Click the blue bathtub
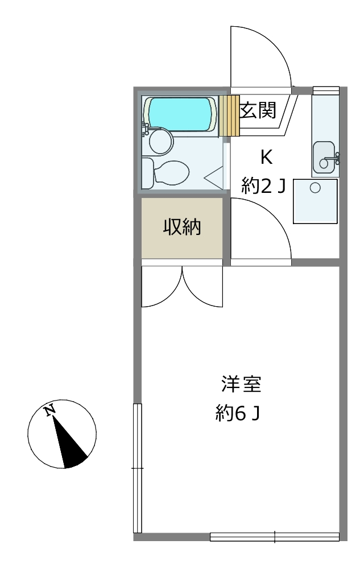180,114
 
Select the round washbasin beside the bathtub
161,141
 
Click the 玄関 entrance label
258,110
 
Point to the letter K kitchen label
267,158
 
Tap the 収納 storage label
182,227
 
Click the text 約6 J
238,413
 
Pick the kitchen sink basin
324,157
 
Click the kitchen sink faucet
333,159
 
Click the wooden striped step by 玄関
229,116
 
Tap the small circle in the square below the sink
315,188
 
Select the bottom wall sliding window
275,537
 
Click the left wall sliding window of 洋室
138,468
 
